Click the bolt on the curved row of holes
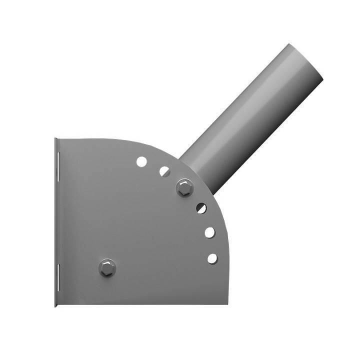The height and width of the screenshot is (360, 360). click(x=184, y=188)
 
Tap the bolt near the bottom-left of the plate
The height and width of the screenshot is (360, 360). click(x=107, y=267)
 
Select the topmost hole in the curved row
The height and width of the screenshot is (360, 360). click(x=141, y=161)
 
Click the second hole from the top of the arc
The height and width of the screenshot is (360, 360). click(x=164, y=171)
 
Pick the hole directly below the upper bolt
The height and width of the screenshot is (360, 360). click(x=201, y=208)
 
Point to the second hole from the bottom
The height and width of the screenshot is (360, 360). click(x=209, y=232)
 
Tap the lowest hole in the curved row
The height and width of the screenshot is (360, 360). click(x=212, y=258)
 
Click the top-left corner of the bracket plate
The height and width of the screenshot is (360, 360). click(x=55, y=139)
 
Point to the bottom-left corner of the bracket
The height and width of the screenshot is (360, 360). click(x=55, y=304)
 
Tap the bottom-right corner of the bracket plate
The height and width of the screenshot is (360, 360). click(x=227, y=303)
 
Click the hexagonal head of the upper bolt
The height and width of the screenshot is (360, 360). click(x=184, y=188)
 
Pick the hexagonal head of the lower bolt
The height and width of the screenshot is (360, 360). click(x=107, y=267)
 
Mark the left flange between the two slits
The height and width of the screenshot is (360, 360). click(x=57, y=220)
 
